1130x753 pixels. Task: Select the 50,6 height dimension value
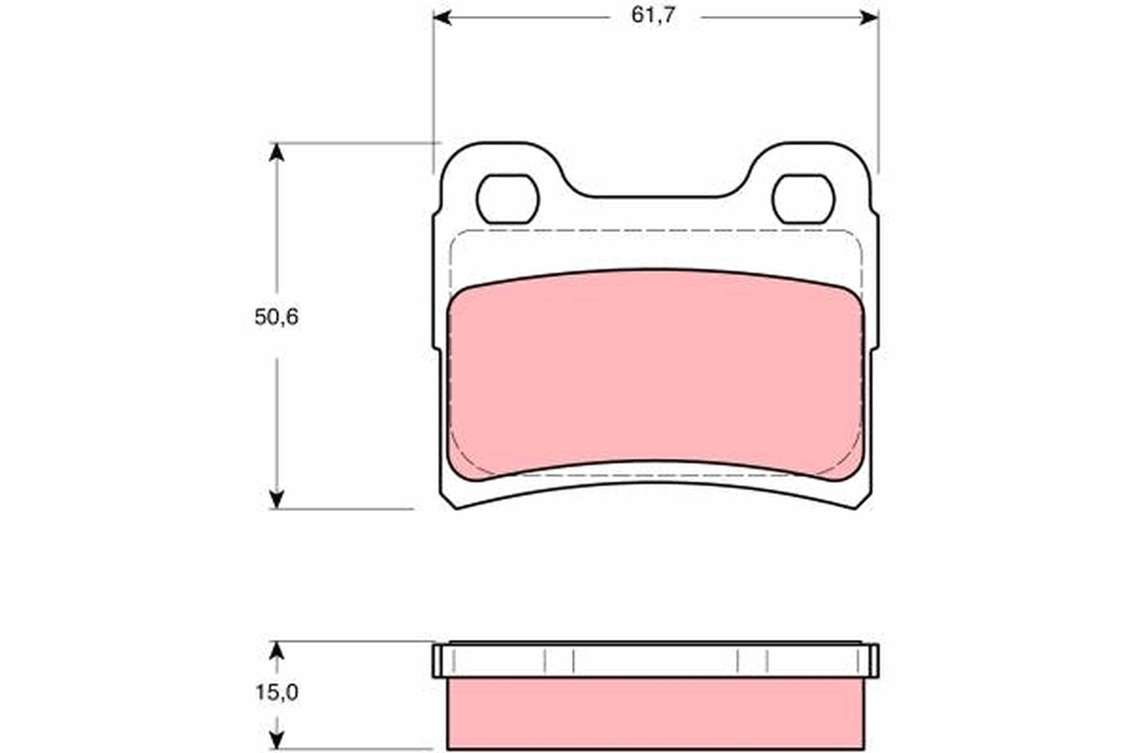pyautogui.click(x=276, y=317)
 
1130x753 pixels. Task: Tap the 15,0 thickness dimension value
pyautogui.click(x=276, y=693)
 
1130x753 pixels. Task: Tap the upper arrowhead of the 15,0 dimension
pyautogui.click(x=276, y=650)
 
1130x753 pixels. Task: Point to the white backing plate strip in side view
pyautogui.click(x=655, y=662)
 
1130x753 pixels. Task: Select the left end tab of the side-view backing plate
pyautogui.click(x=438, y=661)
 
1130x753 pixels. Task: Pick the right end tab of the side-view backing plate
pyautogui.click(x=873, y=661)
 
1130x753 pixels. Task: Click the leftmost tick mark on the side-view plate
pyautogui.click(x=544, y=662)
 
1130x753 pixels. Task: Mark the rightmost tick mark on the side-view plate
pyautogui.click(x=767, y=662)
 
